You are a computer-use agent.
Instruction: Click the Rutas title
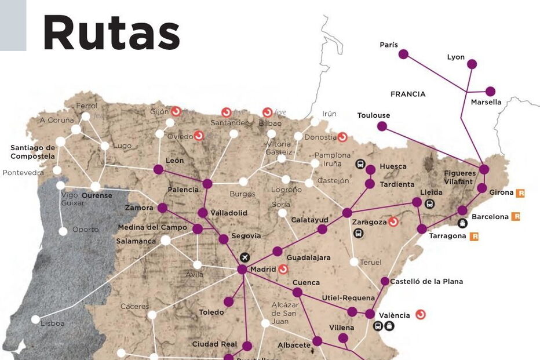click(x=111, y=32)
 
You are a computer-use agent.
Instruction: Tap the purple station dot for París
click(x=403, y=54)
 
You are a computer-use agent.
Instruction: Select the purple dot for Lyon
click(x=472, y=64)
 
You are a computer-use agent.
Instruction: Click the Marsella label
click(x=486, y=103)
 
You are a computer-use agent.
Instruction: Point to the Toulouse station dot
click(x=382, y=126)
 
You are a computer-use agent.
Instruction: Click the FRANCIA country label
click(x=408, y=94)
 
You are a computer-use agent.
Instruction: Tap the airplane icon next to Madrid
click(x=245, y=257)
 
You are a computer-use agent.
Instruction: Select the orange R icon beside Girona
click(x=520, y=193)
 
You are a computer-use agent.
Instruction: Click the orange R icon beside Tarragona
click(x=474, y=237)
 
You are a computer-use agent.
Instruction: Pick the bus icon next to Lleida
click(x=429, y=203)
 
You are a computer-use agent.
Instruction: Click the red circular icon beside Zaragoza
click(x=393, y=222)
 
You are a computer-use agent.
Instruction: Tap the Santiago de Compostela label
click(x=32, y=152)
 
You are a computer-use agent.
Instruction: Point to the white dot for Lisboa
click(x=36, y=319)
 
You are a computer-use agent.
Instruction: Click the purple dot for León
click(x=158, y=169)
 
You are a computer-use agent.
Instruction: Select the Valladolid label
click(x=228, y=213)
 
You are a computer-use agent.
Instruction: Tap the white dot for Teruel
click(x=354, y=262)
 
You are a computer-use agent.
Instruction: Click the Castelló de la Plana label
click(x=426, y=282)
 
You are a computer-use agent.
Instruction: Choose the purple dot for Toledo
click(x=229, y=301)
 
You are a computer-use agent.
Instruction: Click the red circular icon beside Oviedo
click(x=199, y=136)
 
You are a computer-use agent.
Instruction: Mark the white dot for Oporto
click(x=63, y=231)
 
